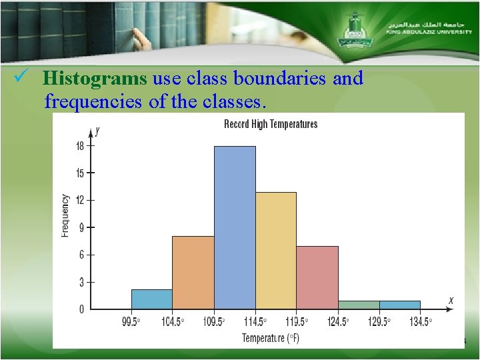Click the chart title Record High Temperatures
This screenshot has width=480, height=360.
coord(271,124)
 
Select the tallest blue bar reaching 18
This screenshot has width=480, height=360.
coord(235,227)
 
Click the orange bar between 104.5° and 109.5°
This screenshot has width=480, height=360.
coord(193,272)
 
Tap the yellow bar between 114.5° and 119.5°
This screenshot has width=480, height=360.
coord(276,250)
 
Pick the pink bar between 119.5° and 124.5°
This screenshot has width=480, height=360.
coord(317,277)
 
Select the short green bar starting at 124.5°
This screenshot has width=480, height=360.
coord(359,305)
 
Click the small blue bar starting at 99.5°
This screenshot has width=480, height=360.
coord(151,299)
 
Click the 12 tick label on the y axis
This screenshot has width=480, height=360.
coord(80,200)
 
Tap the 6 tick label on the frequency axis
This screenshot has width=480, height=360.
coord(81,255)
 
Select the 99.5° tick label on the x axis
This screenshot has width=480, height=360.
coord(131,321)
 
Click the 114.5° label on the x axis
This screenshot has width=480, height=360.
coord(255,321)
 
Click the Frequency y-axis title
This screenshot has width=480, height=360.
coord(65,215)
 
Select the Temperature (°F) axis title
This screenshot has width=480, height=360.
coord(271,338)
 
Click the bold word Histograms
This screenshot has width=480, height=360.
coord(95,79)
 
